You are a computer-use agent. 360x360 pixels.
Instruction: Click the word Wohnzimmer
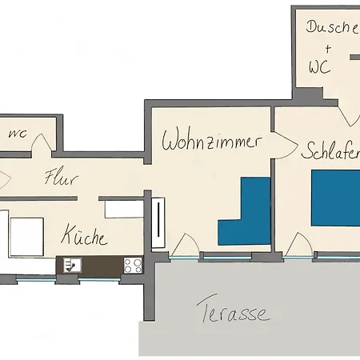tap(212, 142)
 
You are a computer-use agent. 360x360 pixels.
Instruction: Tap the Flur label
tap(61, 178)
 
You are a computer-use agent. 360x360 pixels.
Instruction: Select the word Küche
tap(84, 238)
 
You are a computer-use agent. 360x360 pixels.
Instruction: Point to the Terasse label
tap(232, 313)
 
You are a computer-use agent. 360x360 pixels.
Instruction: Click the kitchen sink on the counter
tap(71, 264)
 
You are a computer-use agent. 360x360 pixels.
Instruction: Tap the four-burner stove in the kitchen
tap(133, 263)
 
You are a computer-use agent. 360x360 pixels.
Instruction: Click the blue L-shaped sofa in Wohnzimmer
tap(245, 216)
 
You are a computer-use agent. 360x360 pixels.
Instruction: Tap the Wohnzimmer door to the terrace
tap(186, 245)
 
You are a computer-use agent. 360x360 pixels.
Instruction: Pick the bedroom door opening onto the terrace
tap(299, 245)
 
